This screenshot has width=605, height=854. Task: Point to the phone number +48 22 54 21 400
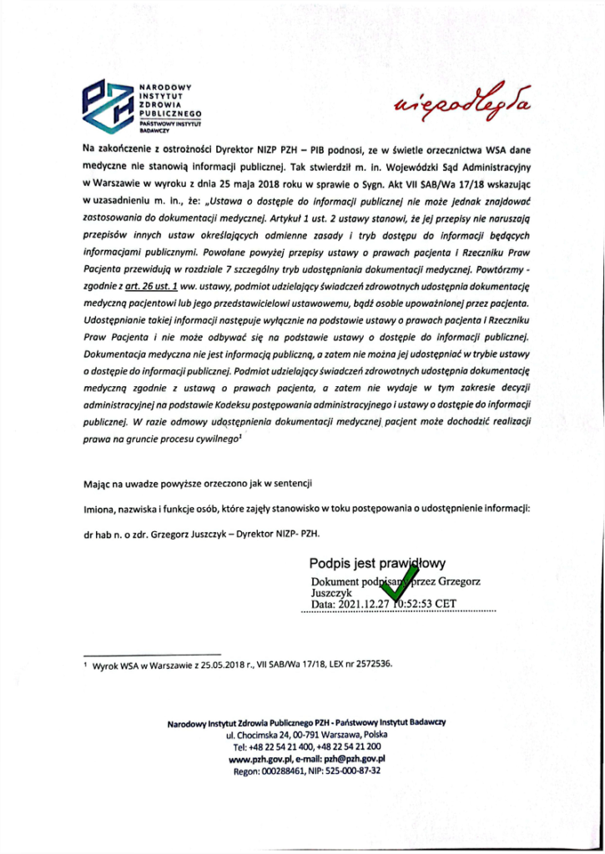[x=275, y=747]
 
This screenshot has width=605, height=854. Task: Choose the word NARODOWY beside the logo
[x=165, y=87]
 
